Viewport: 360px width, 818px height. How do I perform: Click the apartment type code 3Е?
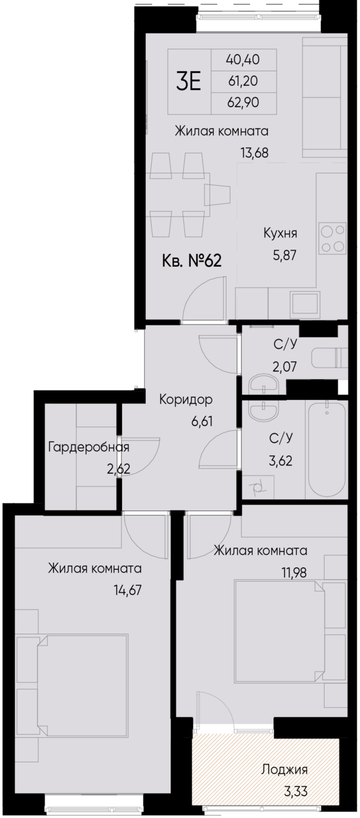[x=188, y=81]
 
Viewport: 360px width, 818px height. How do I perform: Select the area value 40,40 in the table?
[x=243, y=60]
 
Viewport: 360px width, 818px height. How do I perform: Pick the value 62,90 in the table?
[x=243, y=102]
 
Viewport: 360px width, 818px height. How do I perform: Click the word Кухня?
[x=280, y=234]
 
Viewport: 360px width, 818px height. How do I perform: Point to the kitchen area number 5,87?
[x=280, y=255]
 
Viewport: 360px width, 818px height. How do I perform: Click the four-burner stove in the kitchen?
[x=332, y=238]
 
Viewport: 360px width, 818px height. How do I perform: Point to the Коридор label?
[x=186, y=400]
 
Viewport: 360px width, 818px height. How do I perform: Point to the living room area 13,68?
[x=244, y=152]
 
